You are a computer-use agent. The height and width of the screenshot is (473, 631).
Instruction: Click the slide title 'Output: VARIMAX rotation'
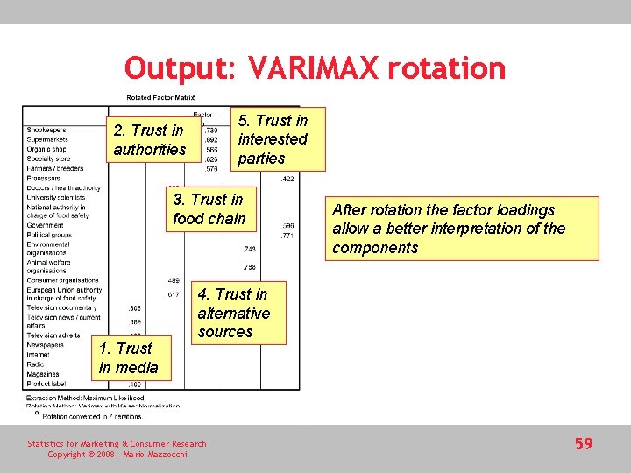tap(315, 67)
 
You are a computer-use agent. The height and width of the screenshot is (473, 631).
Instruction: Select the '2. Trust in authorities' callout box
tap(150, 140)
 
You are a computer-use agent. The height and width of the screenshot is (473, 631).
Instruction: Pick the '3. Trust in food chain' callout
tap(209, 209)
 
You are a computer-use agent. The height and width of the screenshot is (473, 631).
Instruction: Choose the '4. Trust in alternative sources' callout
tap(233, 313)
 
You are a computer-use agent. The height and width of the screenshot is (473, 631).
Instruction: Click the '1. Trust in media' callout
tap(129, 357)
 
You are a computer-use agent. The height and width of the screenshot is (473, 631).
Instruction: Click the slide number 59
tap(584, 444)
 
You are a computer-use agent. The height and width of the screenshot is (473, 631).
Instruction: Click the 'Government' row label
tap(46, 225)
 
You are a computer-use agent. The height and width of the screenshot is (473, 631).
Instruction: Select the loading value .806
tap(135, 308)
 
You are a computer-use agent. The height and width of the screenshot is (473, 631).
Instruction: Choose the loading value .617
tap(173, 295)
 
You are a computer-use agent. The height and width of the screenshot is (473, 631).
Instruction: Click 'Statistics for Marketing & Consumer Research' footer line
tap(117, 444)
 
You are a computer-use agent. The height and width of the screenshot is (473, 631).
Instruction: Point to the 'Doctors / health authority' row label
tap(64, 188)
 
